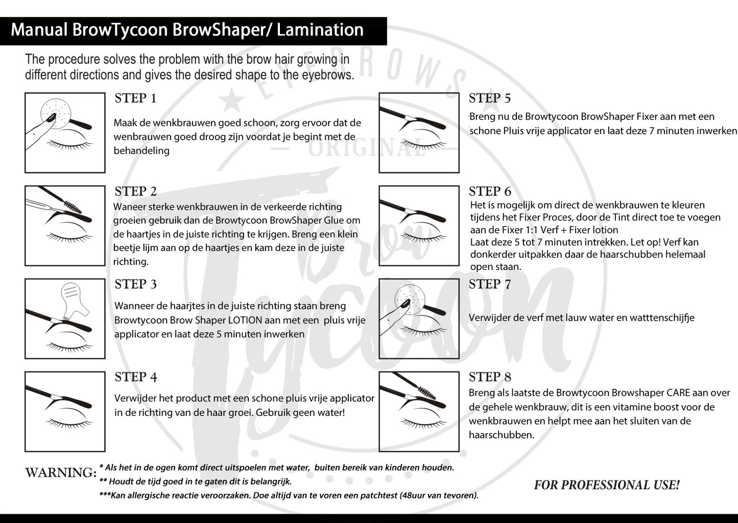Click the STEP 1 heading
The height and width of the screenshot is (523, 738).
point(135,98)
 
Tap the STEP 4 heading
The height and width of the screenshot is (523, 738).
point(136,378)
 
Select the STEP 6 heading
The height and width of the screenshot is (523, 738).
point(490,191)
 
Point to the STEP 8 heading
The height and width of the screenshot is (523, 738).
point(490,378)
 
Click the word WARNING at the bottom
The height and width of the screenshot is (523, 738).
point(60,472)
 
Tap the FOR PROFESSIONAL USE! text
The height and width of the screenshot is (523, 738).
point(607,485)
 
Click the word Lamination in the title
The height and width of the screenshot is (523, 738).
point(320,30)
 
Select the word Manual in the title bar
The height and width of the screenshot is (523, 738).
point(39,30)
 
